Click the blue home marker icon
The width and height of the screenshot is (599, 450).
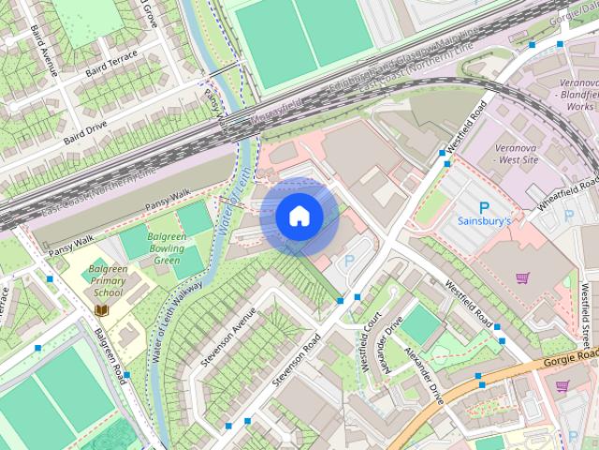tap(299, 217)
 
